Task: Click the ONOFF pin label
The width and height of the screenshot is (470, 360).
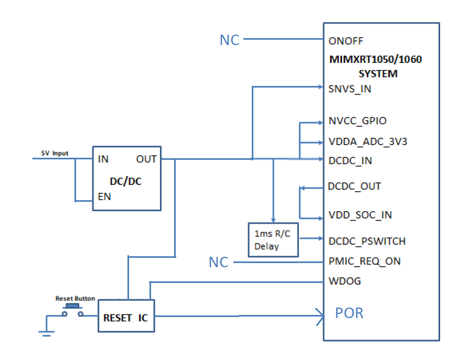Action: (x=346, y=41)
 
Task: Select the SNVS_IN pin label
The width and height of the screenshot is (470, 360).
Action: (x=350, y=89)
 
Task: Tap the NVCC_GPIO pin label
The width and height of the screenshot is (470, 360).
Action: (x=357, y=121)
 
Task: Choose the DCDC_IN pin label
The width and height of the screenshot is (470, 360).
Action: (x=350, y=160)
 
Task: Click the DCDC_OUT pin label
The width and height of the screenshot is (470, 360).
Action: (x=354, y=186)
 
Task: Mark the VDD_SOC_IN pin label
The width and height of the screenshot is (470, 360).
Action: (x=359, y=215)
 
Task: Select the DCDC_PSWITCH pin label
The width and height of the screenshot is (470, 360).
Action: (x=367, y=241)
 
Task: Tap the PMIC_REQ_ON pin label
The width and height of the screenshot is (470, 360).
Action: (x=365, y=261)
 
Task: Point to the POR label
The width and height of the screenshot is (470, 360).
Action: (x=349, y=313)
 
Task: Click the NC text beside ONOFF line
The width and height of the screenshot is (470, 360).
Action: (x=229, y=40)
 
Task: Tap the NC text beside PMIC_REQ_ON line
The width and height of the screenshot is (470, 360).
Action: (x=219, y=262)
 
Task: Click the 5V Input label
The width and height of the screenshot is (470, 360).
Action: (x=55, y=154)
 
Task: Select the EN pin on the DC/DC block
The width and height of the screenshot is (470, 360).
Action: (x=104, y=198)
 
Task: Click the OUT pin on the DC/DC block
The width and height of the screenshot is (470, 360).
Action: (x=146, y=159)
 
